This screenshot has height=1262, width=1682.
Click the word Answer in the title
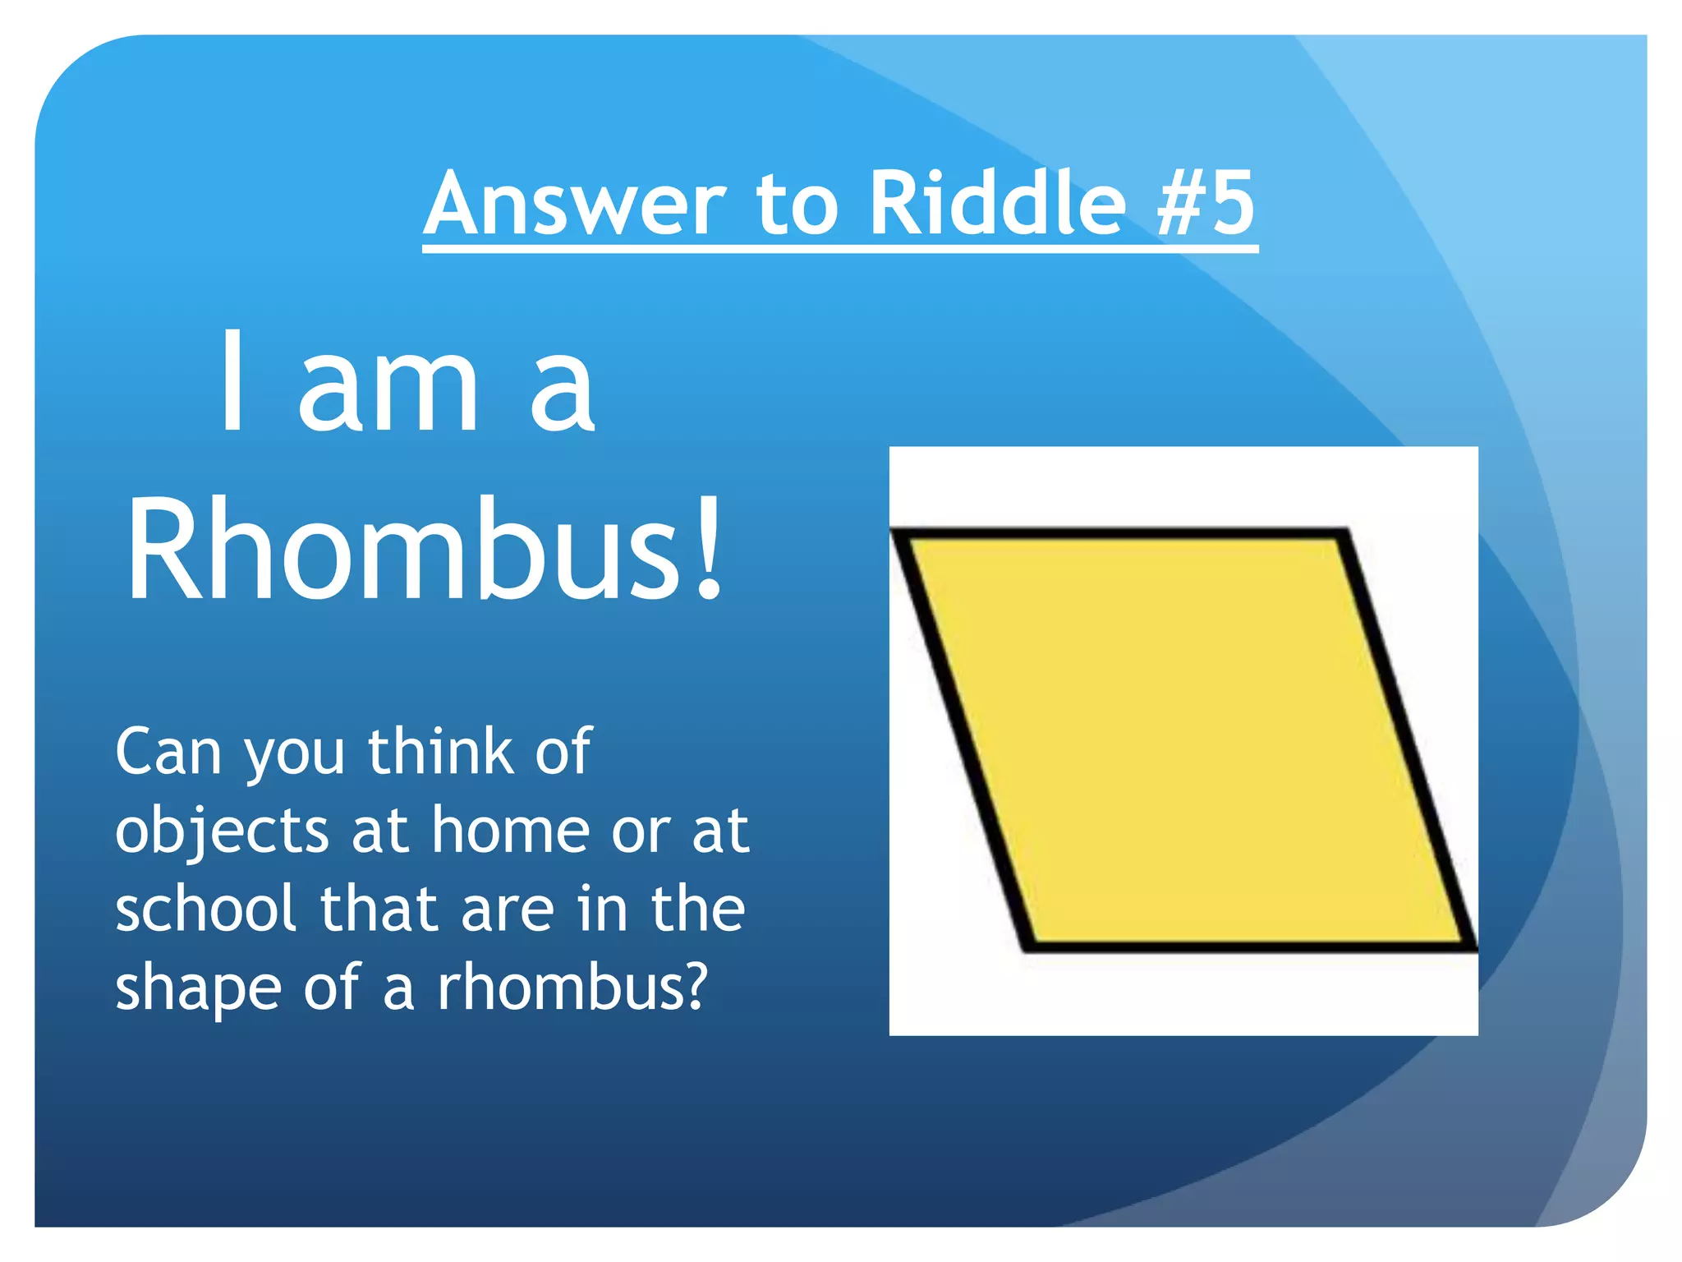click(x=575, y=204)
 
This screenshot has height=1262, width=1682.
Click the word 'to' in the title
click(x=797, y=204)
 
